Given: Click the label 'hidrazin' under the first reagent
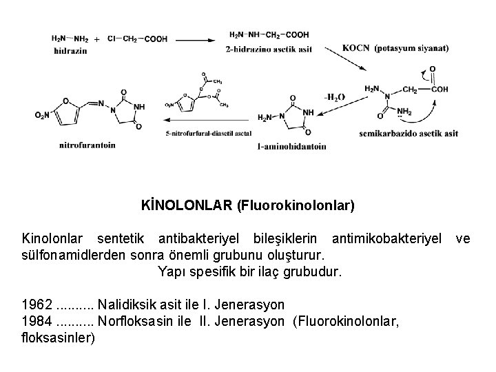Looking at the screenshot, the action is (68, 50).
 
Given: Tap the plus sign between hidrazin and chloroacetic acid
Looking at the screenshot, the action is (96, 39).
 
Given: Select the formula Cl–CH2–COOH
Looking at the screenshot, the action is (137, 39).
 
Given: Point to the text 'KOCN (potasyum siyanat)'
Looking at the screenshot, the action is (395, 48).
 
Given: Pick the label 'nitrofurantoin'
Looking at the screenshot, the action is (87, 145).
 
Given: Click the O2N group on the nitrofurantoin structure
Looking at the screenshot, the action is (42, 115).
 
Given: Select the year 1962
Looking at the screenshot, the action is (36, 304).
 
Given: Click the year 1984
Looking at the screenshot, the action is (36, 320).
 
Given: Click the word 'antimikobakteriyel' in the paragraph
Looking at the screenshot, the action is (386, 238).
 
